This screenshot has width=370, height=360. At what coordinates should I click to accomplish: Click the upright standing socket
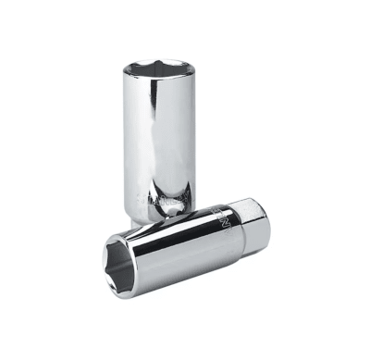[x=160, y=130]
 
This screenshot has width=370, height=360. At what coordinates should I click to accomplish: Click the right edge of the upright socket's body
[x=195, y=139]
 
